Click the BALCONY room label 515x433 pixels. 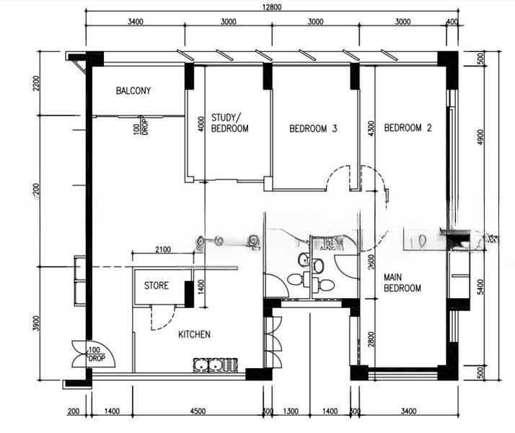pyautogui.click(x=133, y=91)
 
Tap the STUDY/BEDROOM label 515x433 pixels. pyautogui.click(x=229, y=123)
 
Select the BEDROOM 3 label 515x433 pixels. pyautogui.click(x=313, y=129)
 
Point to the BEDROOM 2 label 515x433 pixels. pyautogui.click(x=408, y=128)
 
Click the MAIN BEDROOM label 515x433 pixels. pyautogui.click(x=402, y=283)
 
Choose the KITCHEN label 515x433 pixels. pyautogui.click(x=194, y=334)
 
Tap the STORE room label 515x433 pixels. pyautogui.click(x=156, y=286)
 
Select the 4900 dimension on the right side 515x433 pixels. pyautogui.click(x=481, y=136)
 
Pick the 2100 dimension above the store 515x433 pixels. pyautogui.click(x=162, y=250)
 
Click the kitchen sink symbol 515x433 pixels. pyautogui.click(x=216, y=364)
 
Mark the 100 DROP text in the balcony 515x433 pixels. pyautogui.click(x=140, y=128)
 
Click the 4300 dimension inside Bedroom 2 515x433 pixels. pyautogui.click(x=371, y=129)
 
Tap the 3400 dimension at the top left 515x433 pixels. pyautogui.click(x=135, y=22)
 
